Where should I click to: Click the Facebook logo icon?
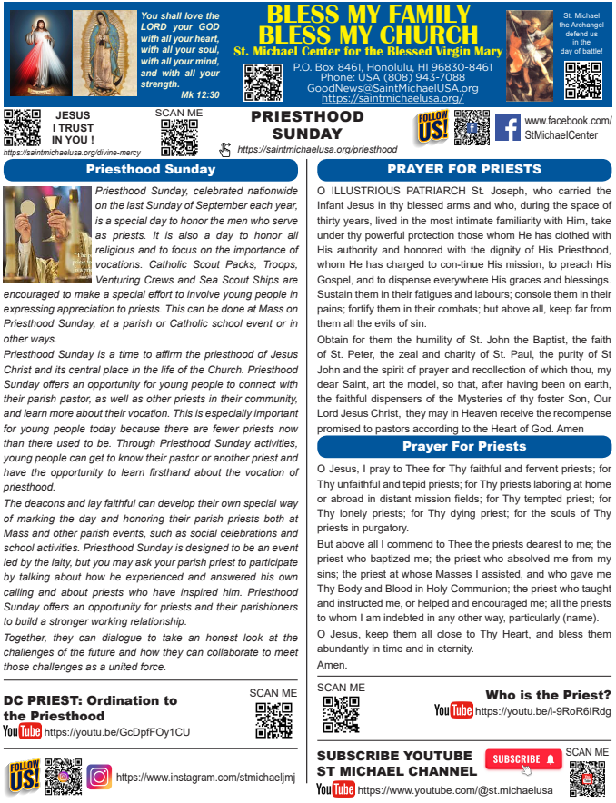tap(507, 127)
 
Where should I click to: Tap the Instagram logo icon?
tap(99, 778)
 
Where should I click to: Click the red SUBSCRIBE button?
tap(523, 759)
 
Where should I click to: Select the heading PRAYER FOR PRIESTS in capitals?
tap(463, 169)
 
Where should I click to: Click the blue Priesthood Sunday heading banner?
tap(151, 169)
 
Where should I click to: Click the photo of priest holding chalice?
tap(46, 233)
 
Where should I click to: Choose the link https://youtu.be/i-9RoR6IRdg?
tap(542, 710)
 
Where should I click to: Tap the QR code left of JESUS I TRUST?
tap(23, 127)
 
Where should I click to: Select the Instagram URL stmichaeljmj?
tap(206, 778)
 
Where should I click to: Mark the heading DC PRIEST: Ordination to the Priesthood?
tap(90, 708)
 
